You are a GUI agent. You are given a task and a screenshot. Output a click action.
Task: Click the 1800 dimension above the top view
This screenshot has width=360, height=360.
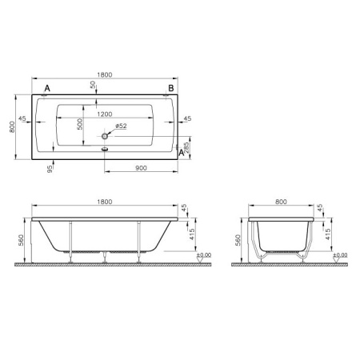point(105,74)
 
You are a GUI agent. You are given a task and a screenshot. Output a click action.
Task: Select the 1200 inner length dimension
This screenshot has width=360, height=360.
point(105,114)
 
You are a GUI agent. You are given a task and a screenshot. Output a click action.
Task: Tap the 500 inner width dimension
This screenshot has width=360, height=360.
point(80,124)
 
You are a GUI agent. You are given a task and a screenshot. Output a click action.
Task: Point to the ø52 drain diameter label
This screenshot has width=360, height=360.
point(121,126)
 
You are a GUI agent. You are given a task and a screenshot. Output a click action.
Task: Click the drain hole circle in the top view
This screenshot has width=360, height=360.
point(105,136)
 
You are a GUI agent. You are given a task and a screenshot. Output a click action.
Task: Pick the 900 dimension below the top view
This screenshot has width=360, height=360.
point(141,168)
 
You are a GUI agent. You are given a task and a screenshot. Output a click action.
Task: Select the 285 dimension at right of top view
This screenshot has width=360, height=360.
point(186,147)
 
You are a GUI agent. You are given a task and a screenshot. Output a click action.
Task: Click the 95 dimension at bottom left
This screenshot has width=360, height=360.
point(50,169)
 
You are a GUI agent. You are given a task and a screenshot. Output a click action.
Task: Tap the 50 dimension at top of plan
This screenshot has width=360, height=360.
point(93,85)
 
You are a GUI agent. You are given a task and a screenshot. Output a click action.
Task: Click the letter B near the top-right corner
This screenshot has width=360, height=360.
point(171,88)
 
